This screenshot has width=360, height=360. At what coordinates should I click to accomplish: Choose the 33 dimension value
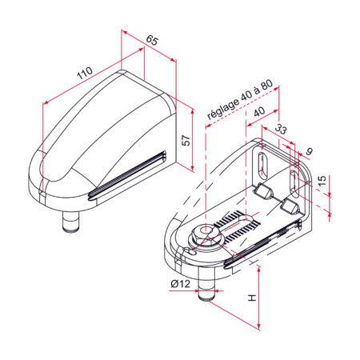point(281,130)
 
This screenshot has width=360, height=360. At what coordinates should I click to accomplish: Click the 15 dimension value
point(321,182)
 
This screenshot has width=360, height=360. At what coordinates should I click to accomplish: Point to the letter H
point(252,298)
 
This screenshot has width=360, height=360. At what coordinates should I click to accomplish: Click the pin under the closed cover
point(71,218)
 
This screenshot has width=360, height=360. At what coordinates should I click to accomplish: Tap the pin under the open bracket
point(207,291)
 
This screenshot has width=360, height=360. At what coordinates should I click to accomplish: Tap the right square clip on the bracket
point(290,207)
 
